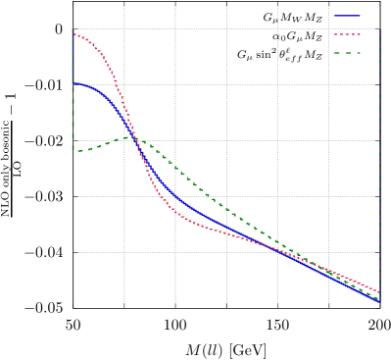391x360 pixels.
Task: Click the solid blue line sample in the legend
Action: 347,16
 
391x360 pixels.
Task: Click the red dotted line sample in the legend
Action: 347,34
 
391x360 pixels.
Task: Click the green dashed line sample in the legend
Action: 347,53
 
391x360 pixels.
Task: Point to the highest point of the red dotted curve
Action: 73,32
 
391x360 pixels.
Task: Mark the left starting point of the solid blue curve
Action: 73,82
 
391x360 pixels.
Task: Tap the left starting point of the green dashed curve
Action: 73,150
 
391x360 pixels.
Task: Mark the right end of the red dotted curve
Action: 379,291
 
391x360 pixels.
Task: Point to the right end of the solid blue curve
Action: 379,302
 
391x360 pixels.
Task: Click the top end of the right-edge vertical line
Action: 379,30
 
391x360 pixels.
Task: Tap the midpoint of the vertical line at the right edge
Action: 379,165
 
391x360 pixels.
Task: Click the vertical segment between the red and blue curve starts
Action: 73,59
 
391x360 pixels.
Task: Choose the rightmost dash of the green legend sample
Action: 357,53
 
